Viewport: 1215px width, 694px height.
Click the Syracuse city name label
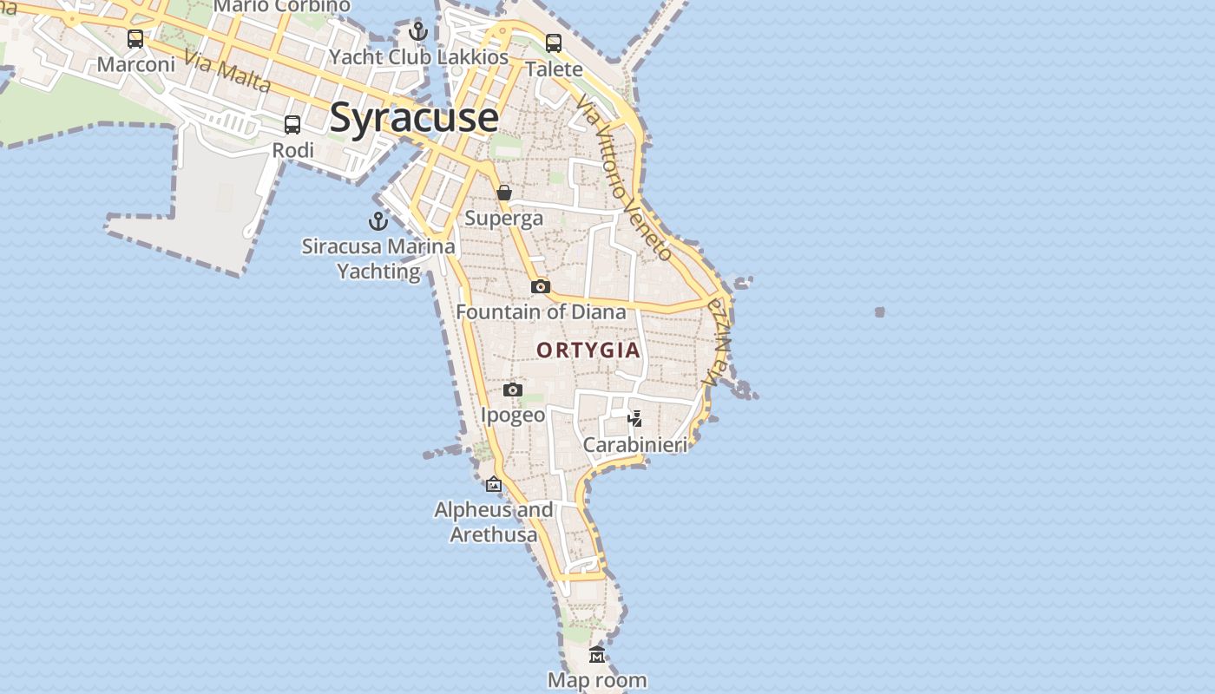click(414, 117)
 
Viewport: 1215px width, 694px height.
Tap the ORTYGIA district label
click(588, 350)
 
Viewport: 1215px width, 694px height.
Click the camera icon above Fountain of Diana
click(541, 286)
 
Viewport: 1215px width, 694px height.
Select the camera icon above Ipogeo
click(513, 390)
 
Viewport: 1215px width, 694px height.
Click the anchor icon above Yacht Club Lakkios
click(418, 32)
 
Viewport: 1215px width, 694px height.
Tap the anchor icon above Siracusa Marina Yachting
click(378, 220)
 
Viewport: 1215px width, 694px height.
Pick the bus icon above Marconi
click(135, 39)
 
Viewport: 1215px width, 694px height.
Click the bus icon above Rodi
click(292, 125)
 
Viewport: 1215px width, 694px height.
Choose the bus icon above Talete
click(554, 43)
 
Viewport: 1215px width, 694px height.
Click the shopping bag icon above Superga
click(504, 193)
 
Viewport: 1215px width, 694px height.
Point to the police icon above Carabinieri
click(635, 419)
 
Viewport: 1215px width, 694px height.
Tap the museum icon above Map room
click(596, 655)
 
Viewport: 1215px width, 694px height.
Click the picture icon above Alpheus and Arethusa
click(494, 484)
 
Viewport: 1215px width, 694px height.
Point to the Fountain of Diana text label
click(541, 311)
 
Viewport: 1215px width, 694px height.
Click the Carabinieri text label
click(634, 445)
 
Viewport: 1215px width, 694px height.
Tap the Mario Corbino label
click(281, 6)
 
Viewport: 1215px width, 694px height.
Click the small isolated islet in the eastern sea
click(880, 311)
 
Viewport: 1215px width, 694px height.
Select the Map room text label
click(597, 680)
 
